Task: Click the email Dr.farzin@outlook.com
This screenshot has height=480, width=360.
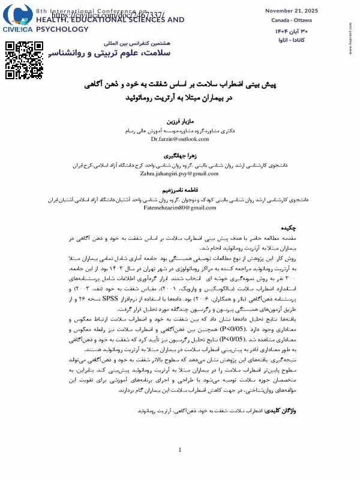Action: [x=179, y=139]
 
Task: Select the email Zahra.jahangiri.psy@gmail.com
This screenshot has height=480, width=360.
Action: [x=179, y=173]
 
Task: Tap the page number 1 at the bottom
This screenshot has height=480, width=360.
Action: [x=179, y=467]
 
